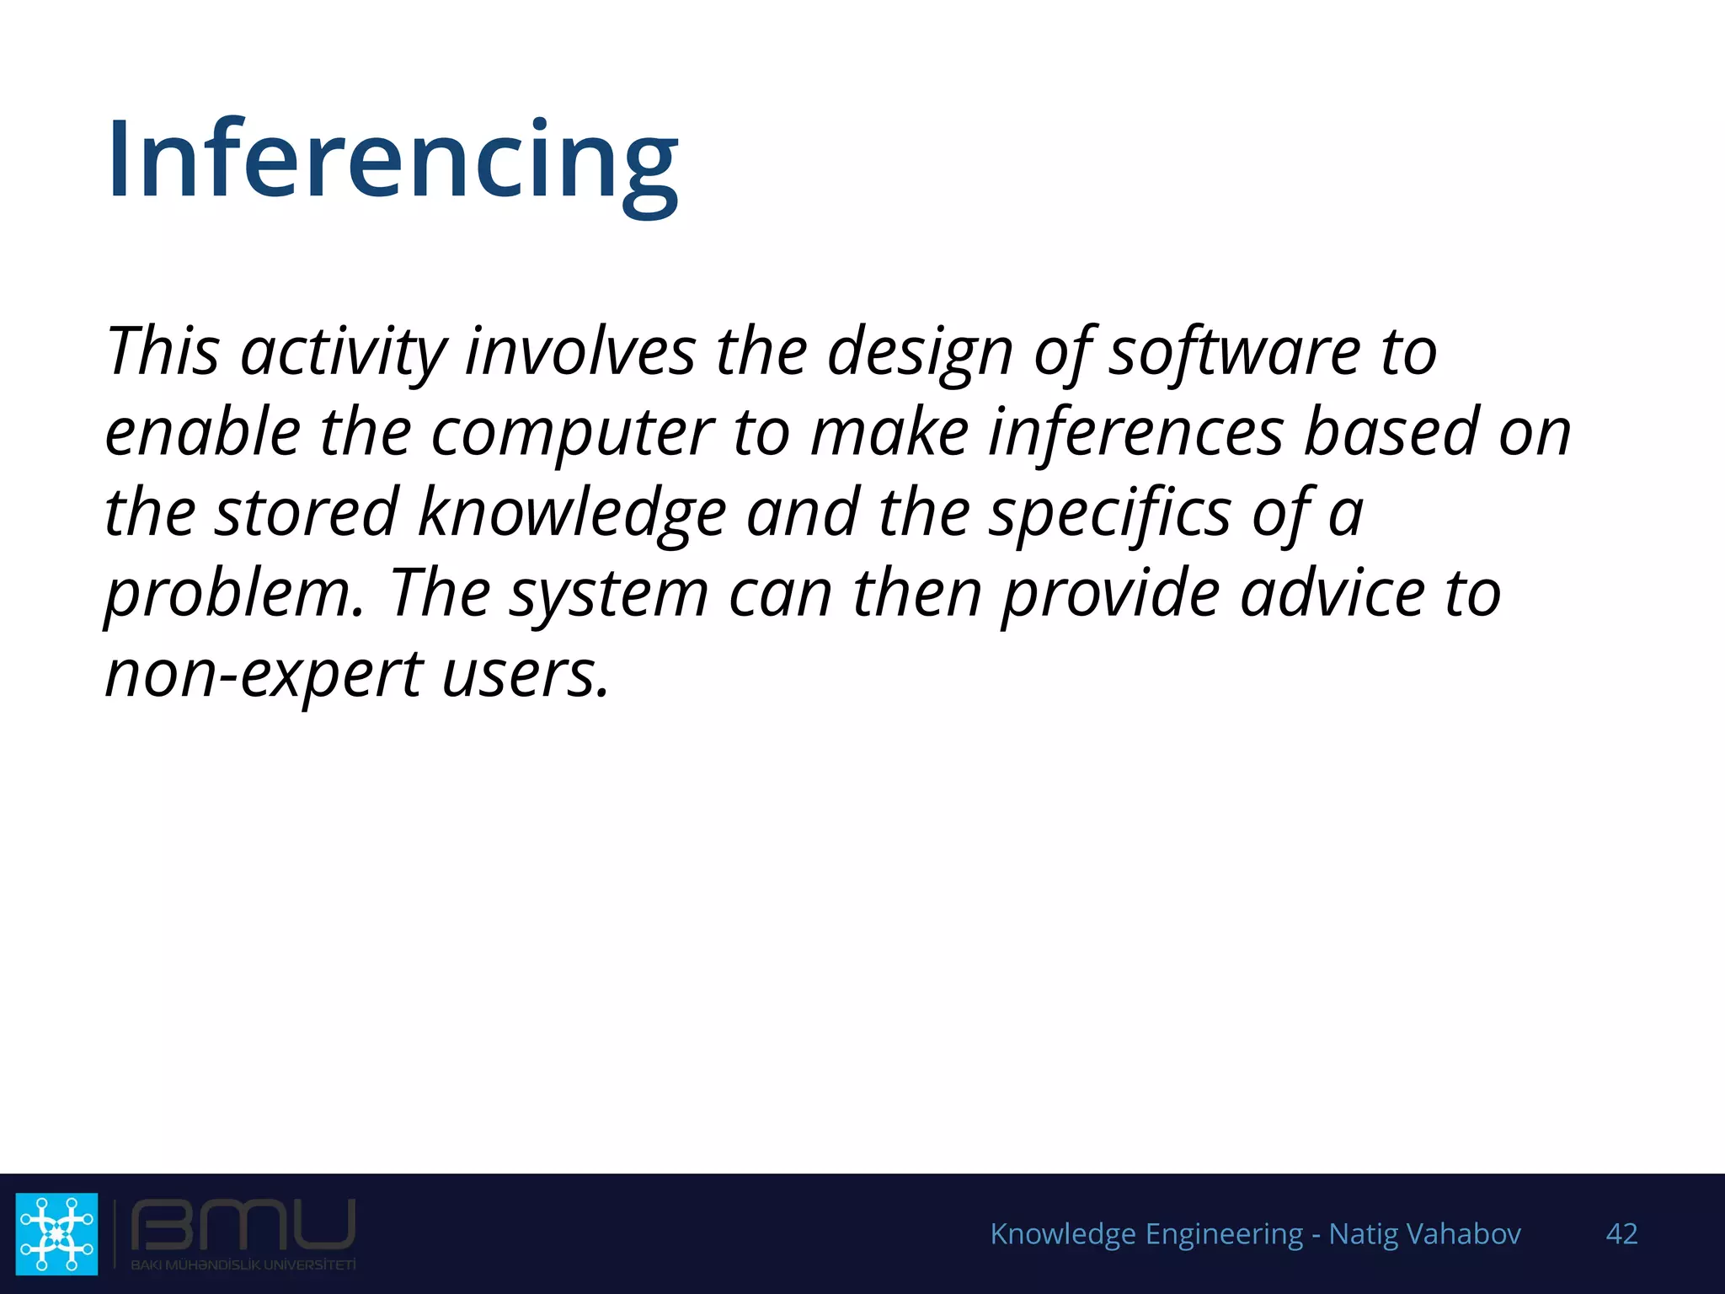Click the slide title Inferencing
click(x=393, y=160)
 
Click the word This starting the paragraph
click(x=163, y=351)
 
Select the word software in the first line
click(x=1234, y=351)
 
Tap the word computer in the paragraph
click(x=573, y=432)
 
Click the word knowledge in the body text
click(x=572, y=513)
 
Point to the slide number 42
click(x=1621, y=1234)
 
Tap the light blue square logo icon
click(x=56, y=1233)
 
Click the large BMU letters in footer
click(x=243, y=1226)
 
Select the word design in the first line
click(x=920, y=351)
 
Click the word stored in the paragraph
click(x=306, y=513)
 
